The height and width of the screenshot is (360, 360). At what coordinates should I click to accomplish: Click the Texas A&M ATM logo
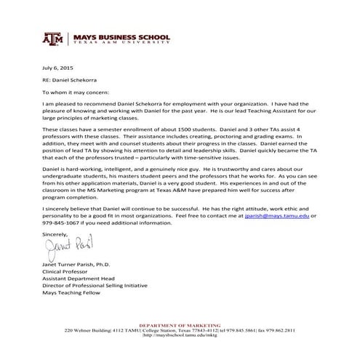54,39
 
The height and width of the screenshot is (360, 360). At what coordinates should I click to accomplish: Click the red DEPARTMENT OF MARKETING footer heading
180,325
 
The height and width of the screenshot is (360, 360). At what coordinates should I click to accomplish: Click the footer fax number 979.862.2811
279,330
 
